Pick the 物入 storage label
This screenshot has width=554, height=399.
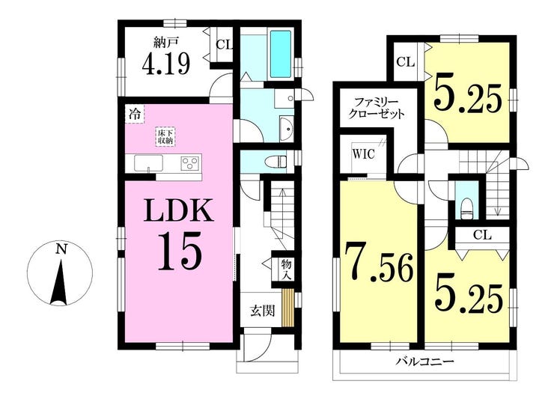(x=287, y=269)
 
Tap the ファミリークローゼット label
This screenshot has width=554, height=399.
(x=377, y=109)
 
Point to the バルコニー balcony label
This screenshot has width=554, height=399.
(x=425, y=362)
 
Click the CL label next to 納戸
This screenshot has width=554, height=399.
(x=222, y=44)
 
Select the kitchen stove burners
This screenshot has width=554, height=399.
(x=190, y=162)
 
